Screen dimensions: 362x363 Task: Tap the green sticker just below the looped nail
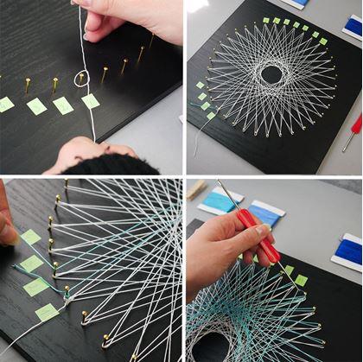[90, 101]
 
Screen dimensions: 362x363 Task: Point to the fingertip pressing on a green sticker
[6, 232]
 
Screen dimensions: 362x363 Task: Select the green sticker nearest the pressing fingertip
[30, 237]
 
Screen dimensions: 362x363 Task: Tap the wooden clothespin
[197, 188]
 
